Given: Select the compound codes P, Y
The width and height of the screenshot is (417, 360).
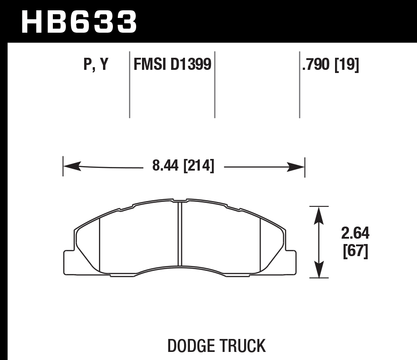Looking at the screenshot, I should (96, 66).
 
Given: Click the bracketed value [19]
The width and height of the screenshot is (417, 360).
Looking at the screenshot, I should (347, 66).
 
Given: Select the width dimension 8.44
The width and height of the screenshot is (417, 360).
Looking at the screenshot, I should (165, 167).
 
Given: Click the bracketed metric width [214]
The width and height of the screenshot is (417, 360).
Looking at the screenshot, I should (198, 167).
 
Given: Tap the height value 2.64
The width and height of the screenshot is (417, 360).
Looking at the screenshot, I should (355, 234).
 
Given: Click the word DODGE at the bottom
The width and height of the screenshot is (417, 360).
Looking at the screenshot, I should (190, 346).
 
